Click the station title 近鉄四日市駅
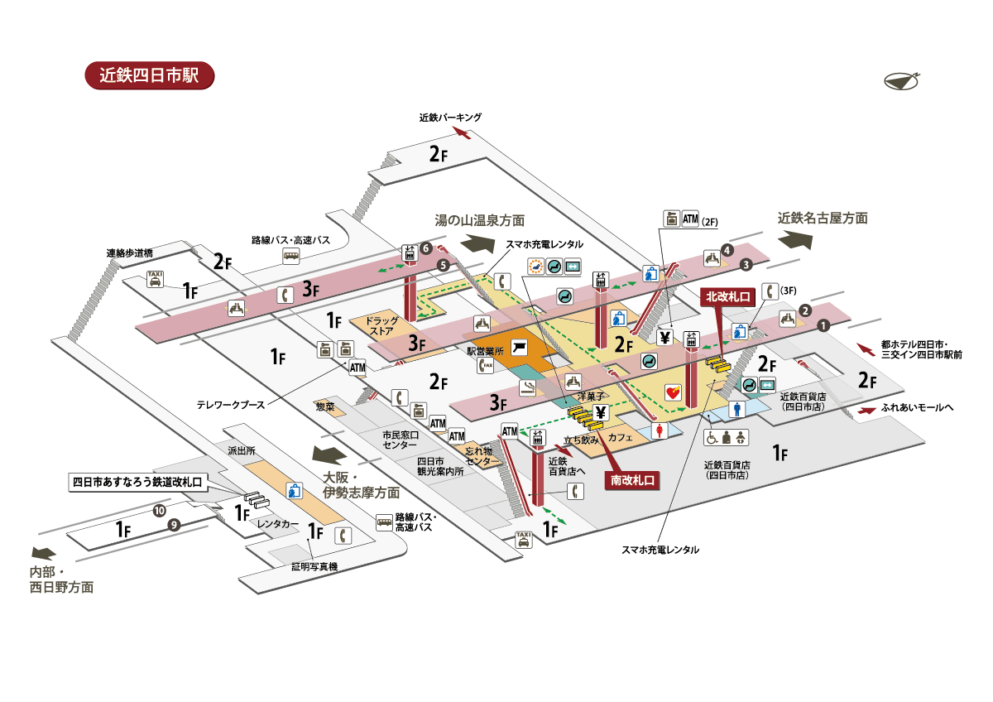[150, 75]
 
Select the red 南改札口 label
[634, 479]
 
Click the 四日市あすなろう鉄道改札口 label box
[137, 481]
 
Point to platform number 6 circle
[425, 248]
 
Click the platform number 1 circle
[824, 326]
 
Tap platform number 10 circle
[158, 512]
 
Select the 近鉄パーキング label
[450, 118]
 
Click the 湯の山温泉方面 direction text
[480, 220]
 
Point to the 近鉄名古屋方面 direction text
[823, 219]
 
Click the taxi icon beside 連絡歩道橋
[154, 279]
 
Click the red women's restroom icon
[660, 430]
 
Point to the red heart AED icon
[672, 392]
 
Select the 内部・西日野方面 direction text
[61, 579]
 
